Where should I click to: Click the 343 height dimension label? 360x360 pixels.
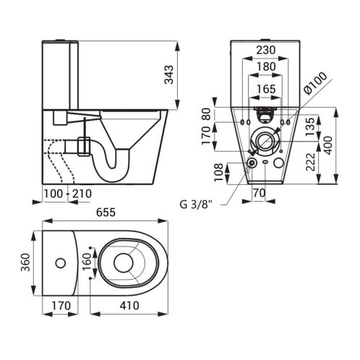click(x=169, y=74)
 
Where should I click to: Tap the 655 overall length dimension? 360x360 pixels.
click(x=106, y=213)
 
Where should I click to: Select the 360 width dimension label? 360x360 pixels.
click(x=25, y=262)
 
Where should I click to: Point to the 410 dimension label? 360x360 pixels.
click(x=129, y=306)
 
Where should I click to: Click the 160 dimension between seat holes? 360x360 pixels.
click(x=87, y=262)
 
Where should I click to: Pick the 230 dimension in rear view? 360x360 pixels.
click(x=265, y=50)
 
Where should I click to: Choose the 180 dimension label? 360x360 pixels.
click(x=266, y=67)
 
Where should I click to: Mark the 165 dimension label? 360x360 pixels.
click(x=266, y=89)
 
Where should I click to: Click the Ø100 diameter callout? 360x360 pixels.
click(x=315, y=82)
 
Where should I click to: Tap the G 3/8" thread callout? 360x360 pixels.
click(x=196, y=205)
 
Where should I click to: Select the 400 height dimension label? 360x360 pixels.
click(x=328, y=145)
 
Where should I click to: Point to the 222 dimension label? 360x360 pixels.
click(x=310, y=162)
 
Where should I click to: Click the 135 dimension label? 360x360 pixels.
click(x=310, y=127)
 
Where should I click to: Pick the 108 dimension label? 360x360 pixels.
click(x=219, y=173)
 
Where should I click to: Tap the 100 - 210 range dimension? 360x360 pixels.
click(x=68, y=194)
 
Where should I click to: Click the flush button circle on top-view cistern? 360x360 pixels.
click(x=61, y=263)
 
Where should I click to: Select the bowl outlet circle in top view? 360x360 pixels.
click(x=124, y=263)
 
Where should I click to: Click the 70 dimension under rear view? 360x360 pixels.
click(x=260, y=193)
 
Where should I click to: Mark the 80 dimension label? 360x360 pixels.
click(x=206, y=114)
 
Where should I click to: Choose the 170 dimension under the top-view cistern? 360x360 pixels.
click(x=61, y=306)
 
